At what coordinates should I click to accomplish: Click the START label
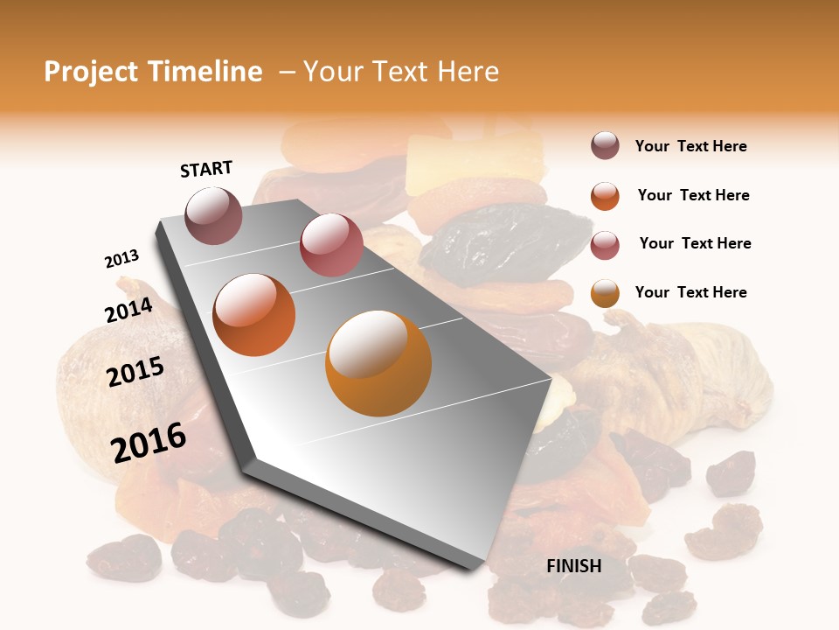click(x=206, y=169)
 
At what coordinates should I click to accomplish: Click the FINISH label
click(x=573, y=566)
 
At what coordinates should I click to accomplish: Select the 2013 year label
click(x=121, y=259)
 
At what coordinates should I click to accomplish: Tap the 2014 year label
click(x=128, y=310)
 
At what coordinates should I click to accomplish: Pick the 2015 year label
click(x=135, y=372)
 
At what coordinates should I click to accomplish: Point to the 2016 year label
click(x=149, y=442)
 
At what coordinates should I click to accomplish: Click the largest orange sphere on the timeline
click(x=378, y=362)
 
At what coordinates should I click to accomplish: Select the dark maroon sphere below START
click(x=214, y=215)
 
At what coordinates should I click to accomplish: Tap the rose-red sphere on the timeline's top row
click(x=331, y=245)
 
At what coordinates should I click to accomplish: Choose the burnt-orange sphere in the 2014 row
click(x=254, y=314)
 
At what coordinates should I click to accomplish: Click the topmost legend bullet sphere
click(x=605, y=146)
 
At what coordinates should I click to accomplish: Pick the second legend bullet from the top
click(x=605, y=196)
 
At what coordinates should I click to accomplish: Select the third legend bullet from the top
click(x=605, y=245)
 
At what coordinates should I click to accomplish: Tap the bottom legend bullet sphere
click(x=605, y=293)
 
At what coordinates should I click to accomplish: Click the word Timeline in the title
click(x=205, y=72)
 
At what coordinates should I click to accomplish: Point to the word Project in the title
click(x=92, y=72)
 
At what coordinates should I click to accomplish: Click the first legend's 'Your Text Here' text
click(x=690, y=146)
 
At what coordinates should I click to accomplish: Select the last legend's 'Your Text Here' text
click(x=690, y=292)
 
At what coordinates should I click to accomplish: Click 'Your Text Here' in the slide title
click(x=401, y=72)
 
